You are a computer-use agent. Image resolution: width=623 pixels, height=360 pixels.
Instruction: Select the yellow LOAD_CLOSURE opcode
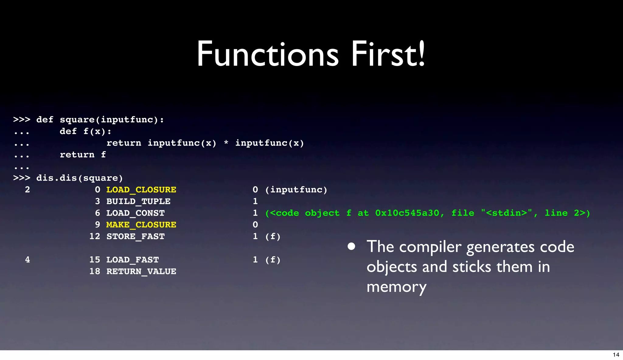point(141,190)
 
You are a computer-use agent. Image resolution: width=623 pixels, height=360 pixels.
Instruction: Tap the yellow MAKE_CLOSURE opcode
point(141,225)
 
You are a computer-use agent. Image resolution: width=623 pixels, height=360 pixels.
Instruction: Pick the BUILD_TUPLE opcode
point(138,201)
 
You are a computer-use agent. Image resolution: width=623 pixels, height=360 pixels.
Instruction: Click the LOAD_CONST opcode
point(135,213)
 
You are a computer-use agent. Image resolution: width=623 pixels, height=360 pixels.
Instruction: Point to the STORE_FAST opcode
point(135,237)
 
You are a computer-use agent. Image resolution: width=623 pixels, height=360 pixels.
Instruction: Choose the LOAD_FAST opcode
point(133,260)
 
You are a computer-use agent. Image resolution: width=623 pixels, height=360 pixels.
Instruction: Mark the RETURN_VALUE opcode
point(141,271)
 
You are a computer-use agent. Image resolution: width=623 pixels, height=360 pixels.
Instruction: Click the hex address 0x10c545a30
point(407,213)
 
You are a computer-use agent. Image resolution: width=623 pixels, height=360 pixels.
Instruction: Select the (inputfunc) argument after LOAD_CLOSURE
point(296,190)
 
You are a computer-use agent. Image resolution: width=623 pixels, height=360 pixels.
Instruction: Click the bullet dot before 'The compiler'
point(351,246)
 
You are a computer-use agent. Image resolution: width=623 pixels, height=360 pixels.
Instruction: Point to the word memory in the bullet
point(396,287)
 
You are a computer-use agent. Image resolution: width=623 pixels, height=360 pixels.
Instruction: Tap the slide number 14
point(616,355)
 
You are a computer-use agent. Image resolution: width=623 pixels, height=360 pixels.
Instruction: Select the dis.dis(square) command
point(79,178)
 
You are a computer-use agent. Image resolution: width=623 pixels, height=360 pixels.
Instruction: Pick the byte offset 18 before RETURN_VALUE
point(95,271)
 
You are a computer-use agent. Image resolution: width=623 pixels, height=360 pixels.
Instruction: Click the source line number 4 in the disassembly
point(27,260)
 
